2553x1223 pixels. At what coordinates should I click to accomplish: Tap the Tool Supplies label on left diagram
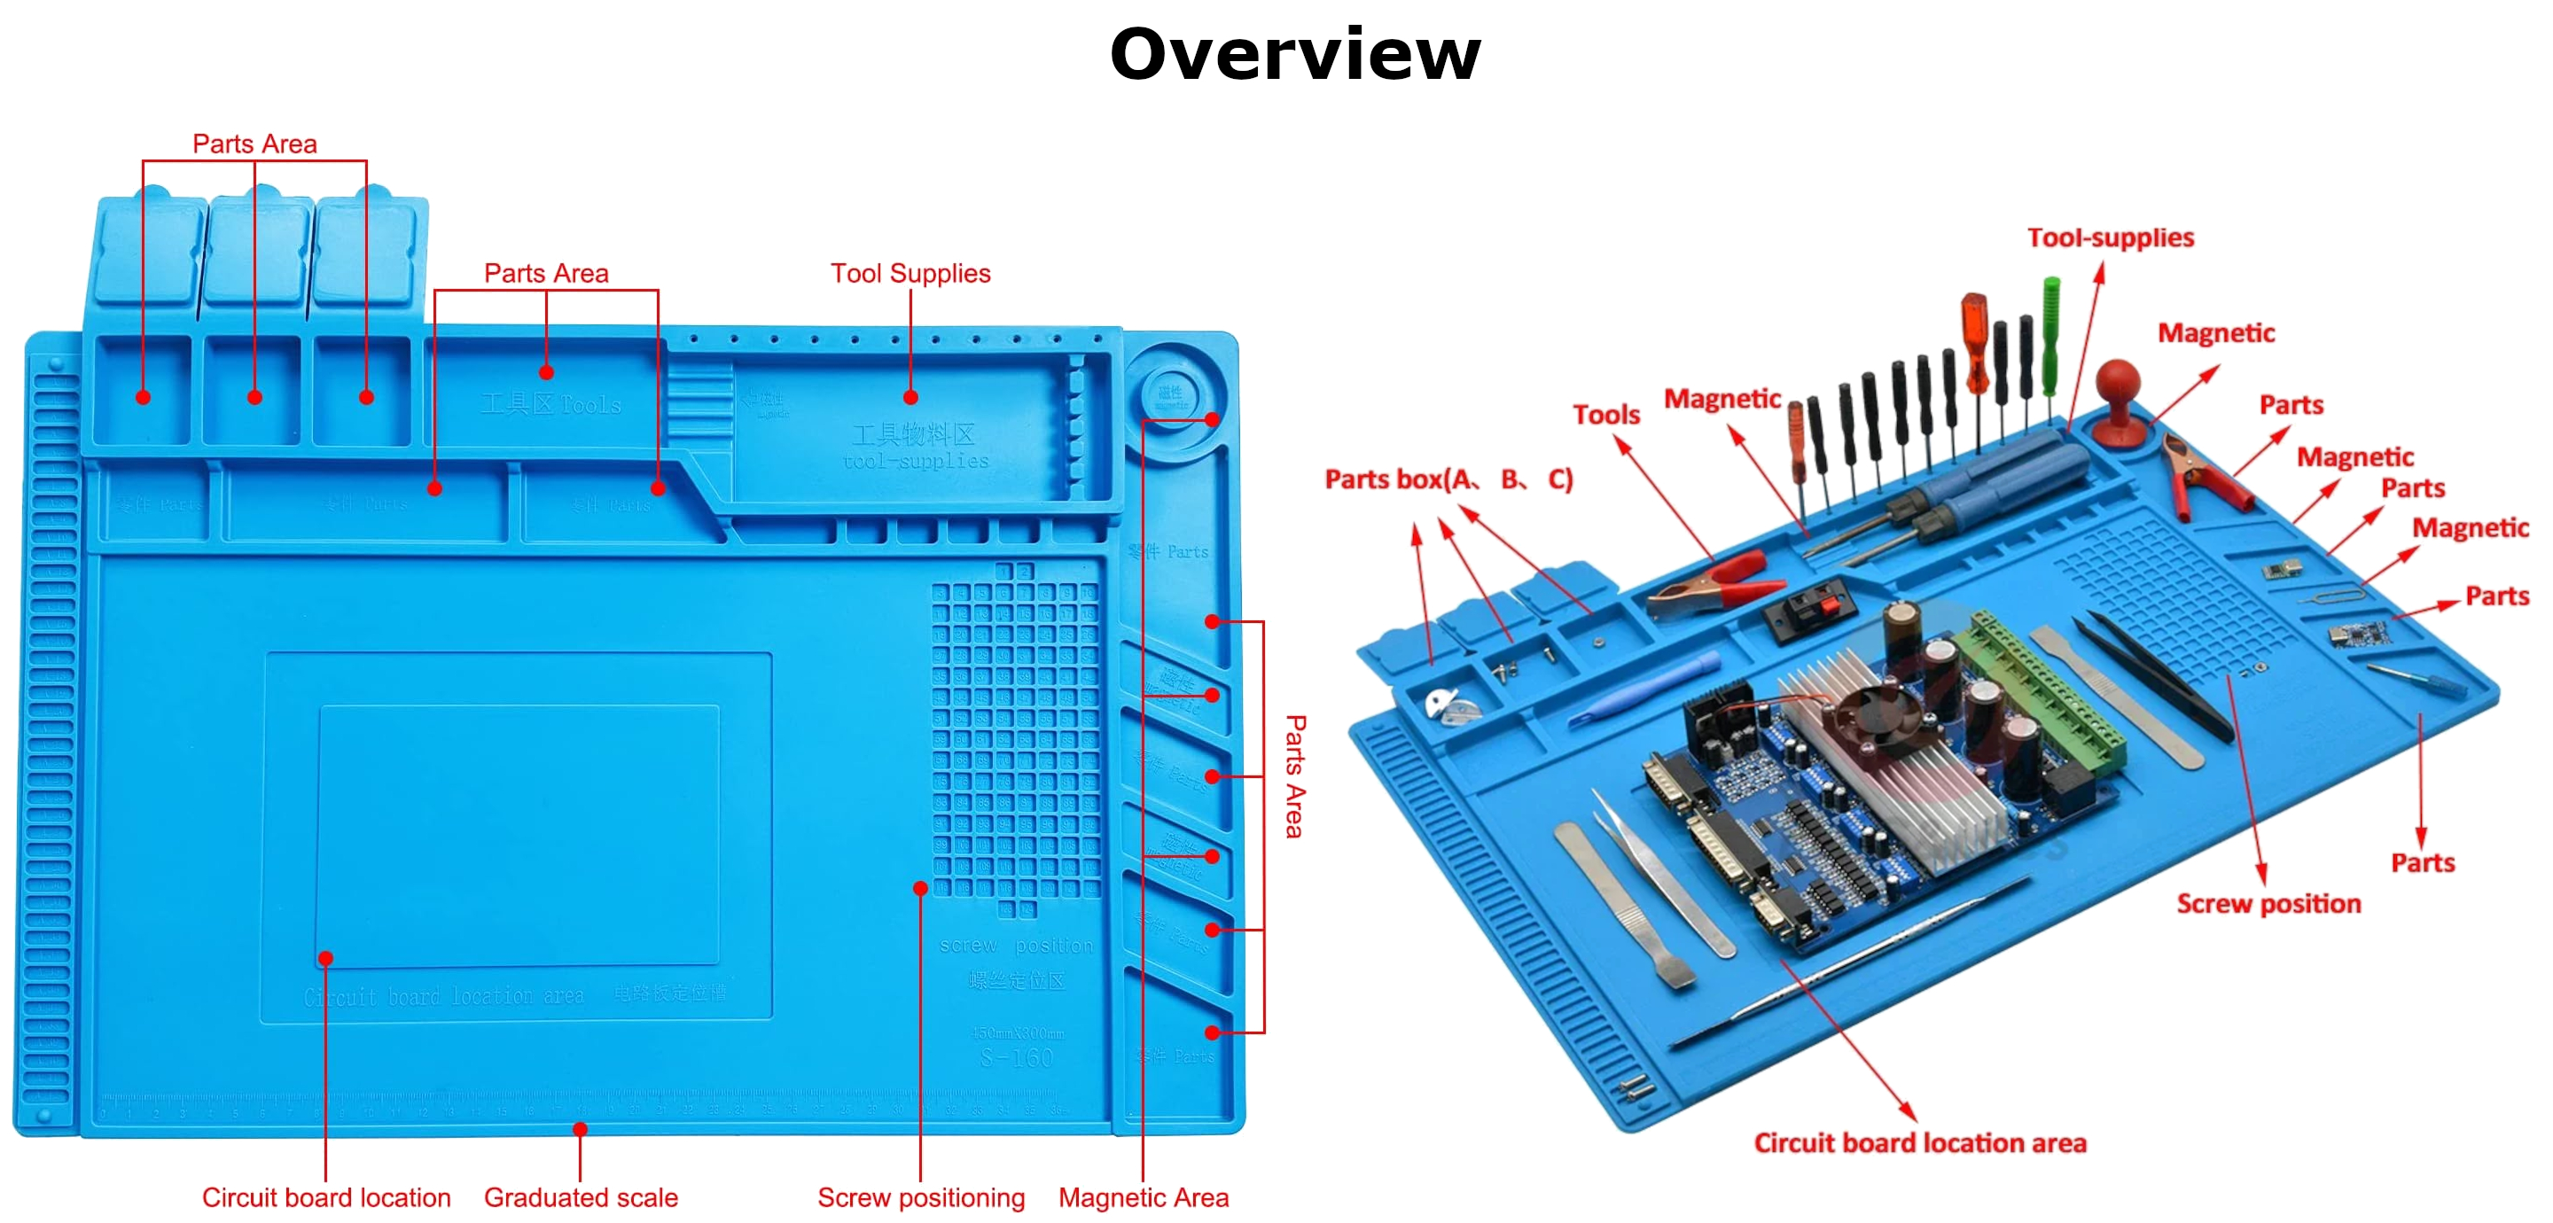(x=910, y=273)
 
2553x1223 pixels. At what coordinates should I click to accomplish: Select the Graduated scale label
(x=581, y=1197)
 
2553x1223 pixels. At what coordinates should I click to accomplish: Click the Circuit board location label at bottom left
(x=326, y=1197)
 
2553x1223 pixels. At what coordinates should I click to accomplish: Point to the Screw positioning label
(x=921, y=1197)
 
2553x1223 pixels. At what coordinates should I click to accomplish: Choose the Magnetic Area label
(x=1143, y=1197)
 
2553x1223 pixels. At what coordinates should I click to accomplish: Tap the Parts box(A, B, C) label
(x=1448, y=479)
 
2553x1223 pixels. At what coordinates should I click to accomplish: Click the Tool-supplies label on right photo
(x=2110, y=238)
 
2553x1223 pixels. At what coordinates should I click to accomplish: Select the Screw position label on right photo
(x=2268, y=903)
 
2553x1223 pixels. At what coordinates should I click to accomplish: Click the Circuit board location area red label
(x=1920, y=1142)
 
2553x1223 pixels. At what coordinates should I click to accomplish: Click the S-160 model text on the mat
(x=1016, y=1057)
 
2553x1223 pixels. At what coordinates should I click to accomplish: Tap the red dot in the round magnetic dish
(x=1211, y=420)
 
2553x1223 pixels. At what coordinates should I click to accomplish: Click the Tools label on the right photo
(x=1605, y=414)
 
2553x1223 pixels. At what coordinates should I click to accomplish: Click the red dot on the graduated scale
(x=581, y=1130)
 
